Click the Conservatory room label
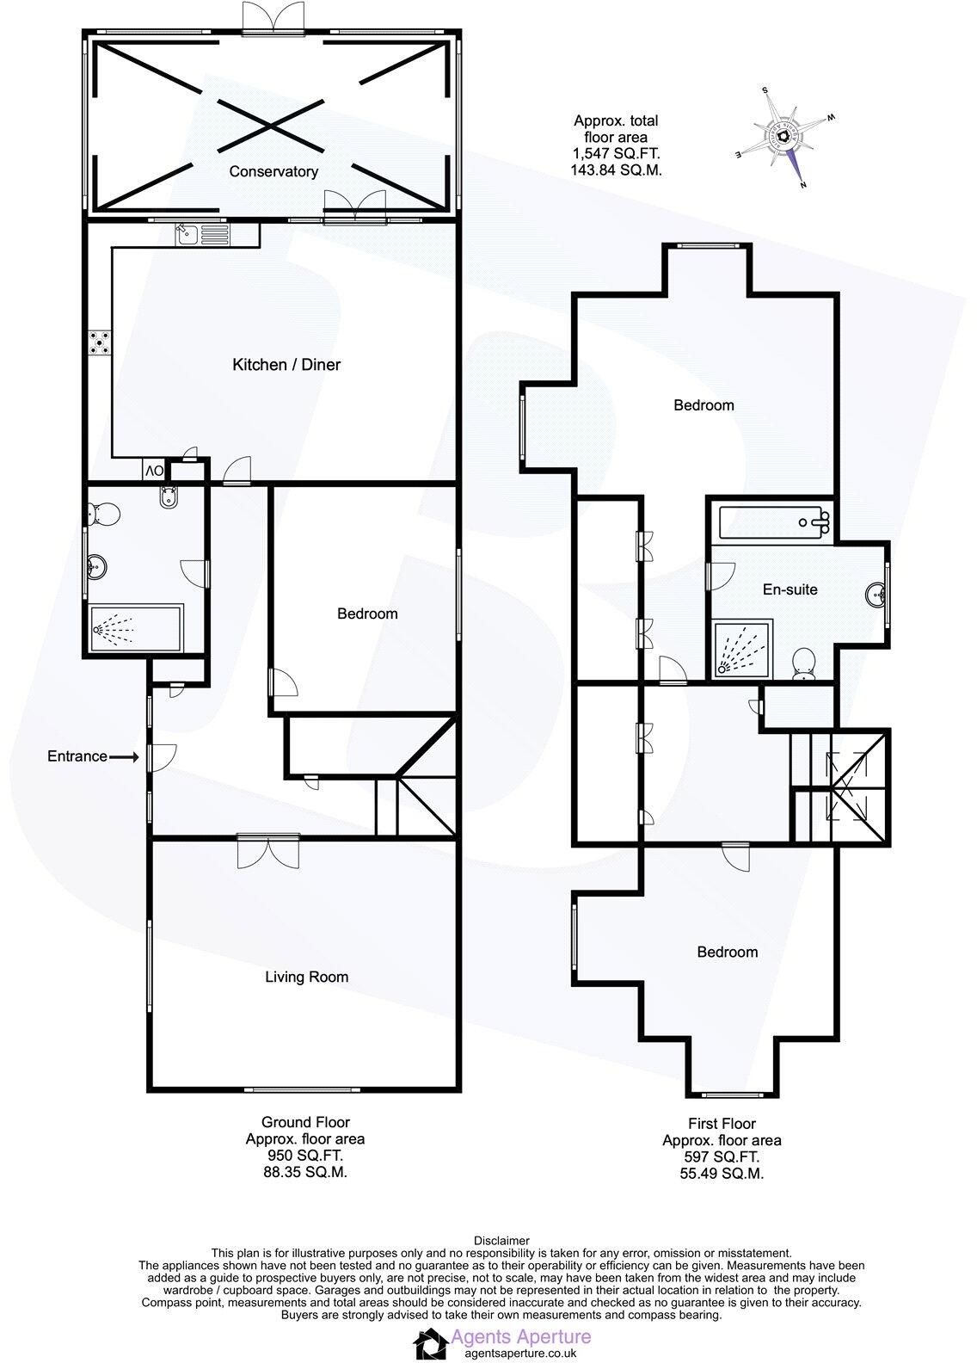pyautogui.click(x=273, y=171)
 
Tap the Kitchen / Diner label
pyautogui.click(x=286, y=365)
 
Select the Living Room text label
pyautogui.click(x=306, y=977)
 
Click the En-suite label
pyautogui.click(x=790, y=589)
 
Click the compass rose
pyautogui.click(x=785, y=138)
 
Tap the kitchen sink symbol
pyautogui.click(x=201, y=234)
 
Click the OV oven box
pyautogui.click(x=154, y=471)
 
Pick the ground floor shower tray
pyautogui.click(x=136, y=630)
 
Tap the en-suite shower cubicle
pyautogui.click(x=743, y=647)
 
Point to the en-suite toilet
pyautogui.click(x=805, y=663)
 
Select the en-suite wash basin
pyautogui.click(x=876, y=594)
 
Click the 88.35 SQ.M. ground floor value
pyautogui.click(x=305, y=1172)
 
